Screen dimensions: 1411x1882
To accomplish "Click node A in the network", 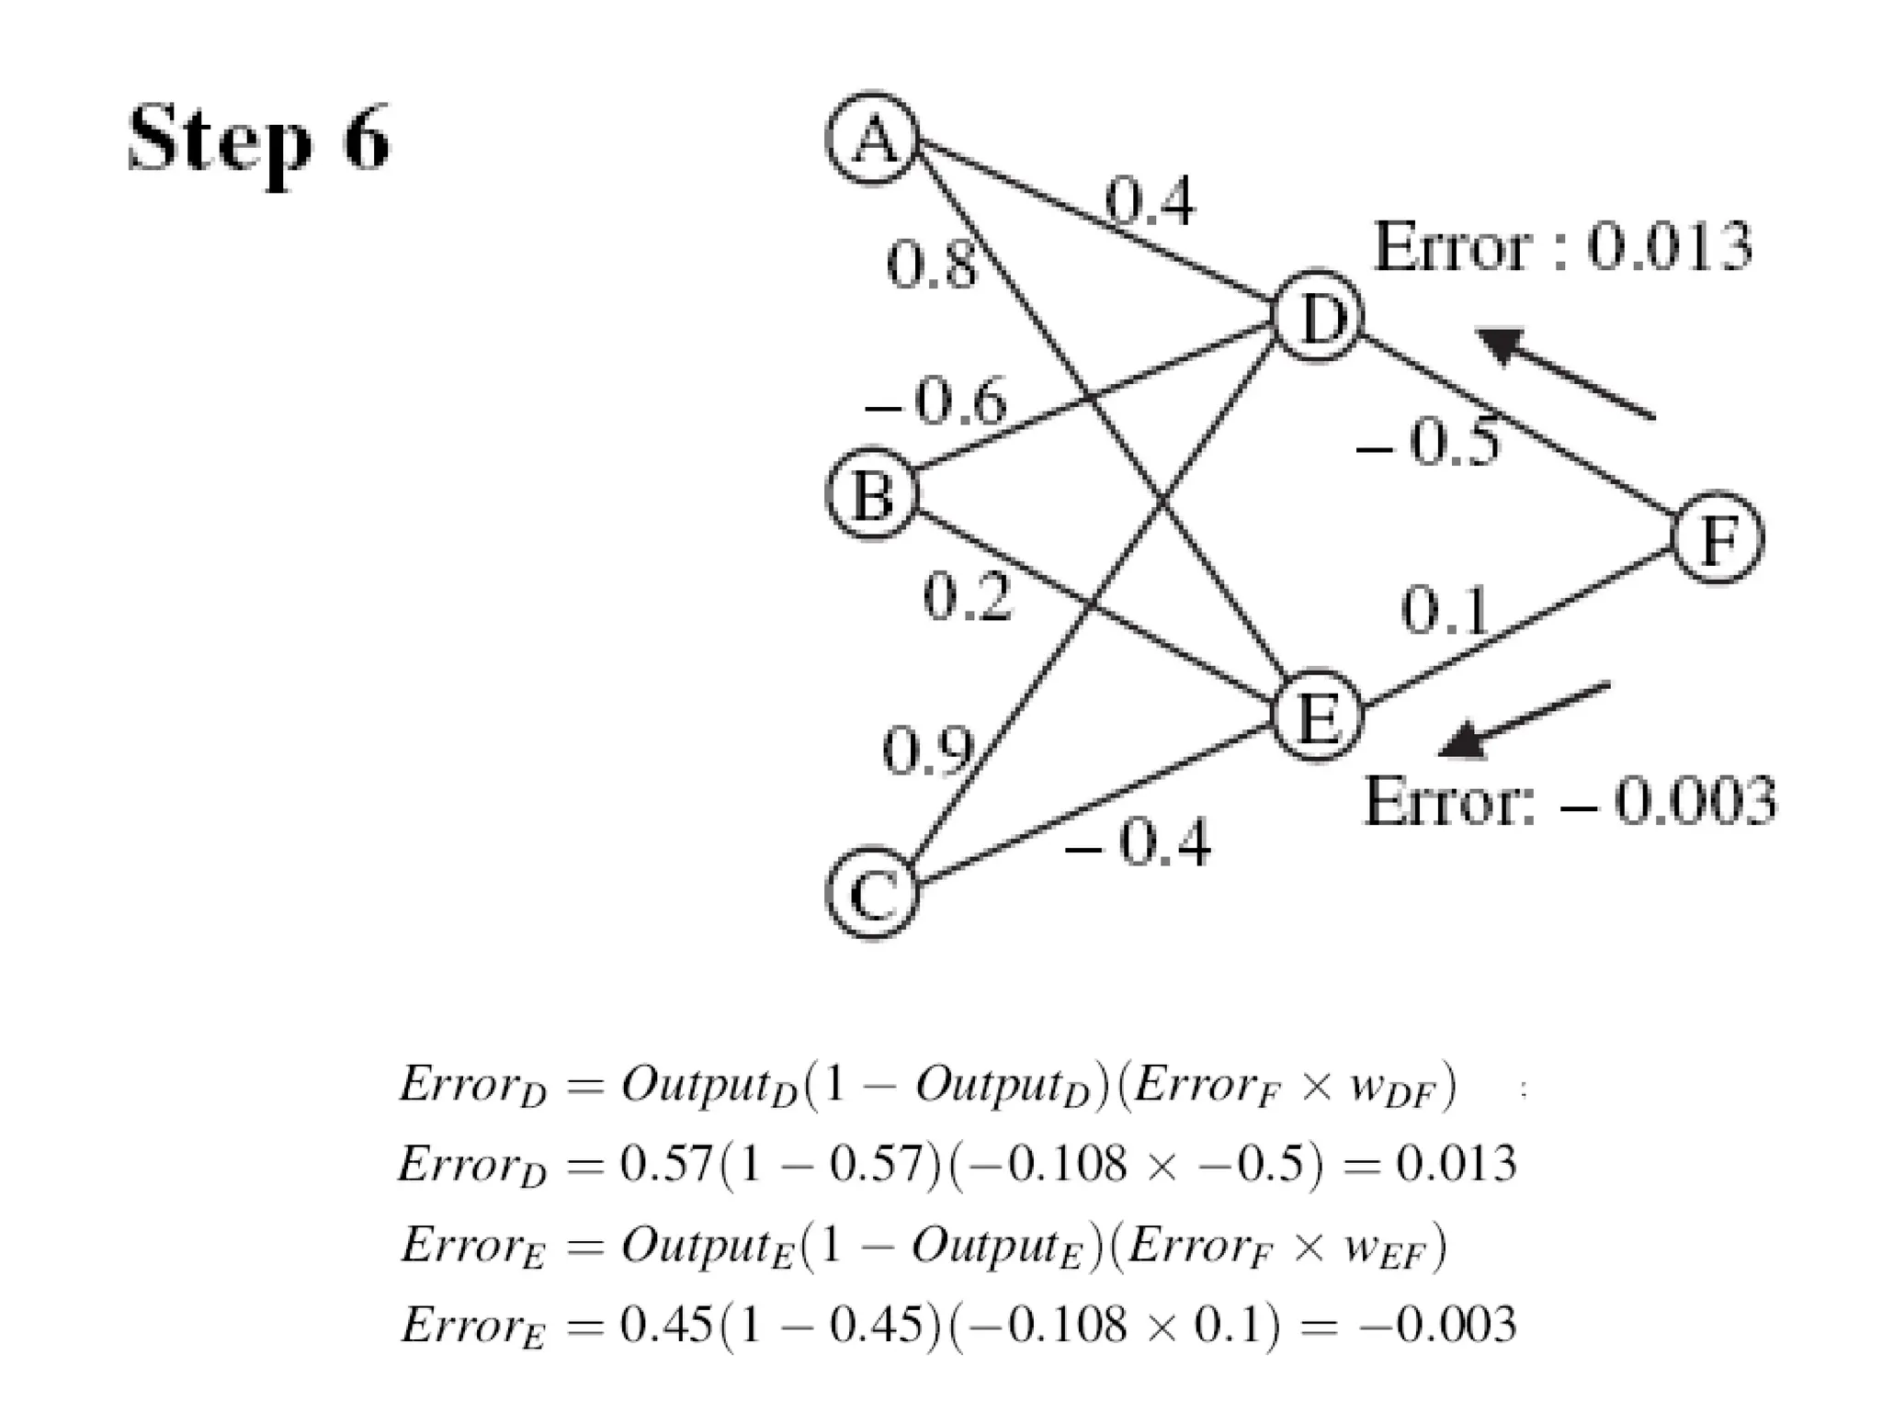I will pyautogui.click(x=873, y=139).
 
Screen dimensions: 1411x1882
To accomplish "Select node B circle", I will pyautogui.click(x=873, y=493).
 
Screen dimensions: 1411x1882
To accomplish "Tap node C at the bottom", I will pyautogui.click(x=873, y=893).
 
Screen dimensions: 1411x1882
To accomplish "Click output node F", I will pyautogui.click(x=1717, y=538).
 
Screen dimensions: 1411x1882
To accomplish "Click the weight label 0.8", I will pyautogui.click(x=930, y=265).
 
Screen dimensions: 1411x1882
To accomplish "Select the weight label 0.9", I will pyautogui.click(x=926, y=750).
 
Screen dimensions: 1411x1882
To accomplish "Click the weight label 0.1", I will pyautogui.click(x=1445, y=610).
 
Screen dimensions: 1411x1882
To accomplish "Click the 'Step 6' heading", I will pyautogui.click(x=259, y=140).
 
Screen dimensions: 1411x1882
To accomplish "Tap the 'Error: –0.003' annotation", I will pyautogui.click(x=1570, y=801).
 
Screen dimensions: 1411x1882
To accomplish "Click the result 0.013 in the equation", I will pyautogui.click(x=1456, y=1164).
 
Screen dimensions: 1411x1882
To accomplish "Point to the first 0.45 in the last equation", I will pyautogui.click(x=667, y=1324).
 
